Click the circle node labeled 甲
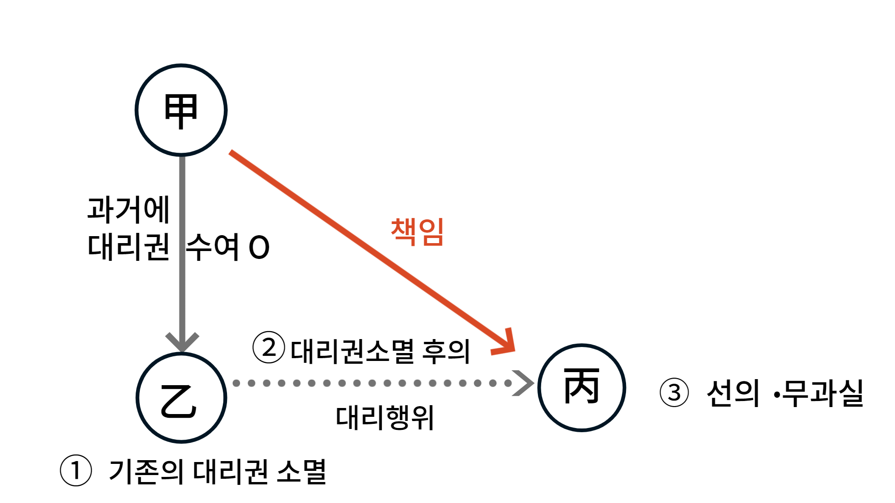[x=181, y=110]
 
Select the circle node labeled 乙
[x=181, y=398]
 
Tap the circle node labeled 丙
[x=581, y=387]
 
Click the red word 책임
[x=417, y=231]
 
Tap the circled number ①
[x=76, y=470]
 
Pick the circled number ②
[x=268, y=347]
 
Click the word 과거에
[x=128, y=209]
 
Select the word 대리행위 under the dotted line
[x=385, y=417]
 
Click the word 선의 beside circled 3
[x=733, y=394]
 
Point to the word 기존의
[x=146, y=471]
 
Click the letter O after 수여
[x=259, y=247]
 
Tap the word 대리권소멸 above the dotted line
[x=352, y=351]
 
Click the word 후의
[x=446, y=351]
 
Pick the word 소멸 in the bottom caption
[x=302, y=471]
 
